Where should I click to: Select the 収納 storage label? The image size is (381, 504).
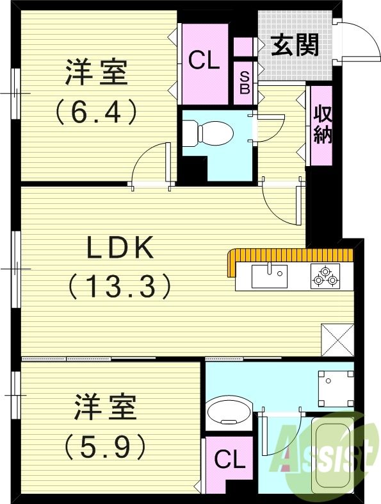(x=323, y=126)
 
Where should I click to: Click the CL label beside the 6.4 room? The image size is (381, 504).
(x=204, y=61)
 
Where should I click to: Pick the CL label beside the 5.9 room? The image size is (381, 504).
(x=229, y=460)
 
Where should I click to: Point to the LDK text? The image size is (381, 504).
(x=121, y=247)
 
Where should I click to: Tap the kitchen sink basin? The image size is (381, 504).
(x=270, y=276)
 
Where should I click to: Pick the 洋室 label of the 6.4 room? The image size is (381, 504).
(x=96, y=73)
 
